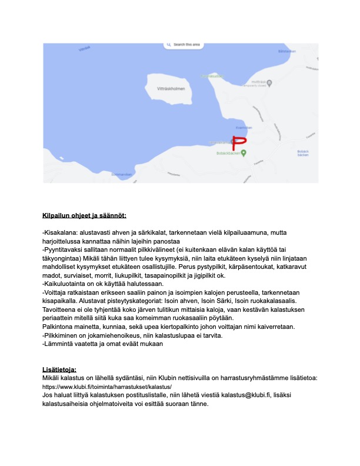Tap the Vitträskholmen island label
tap(172, 89)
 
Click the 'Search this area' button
tap(184, 45)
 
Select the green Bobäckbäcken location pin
tap(244, 153)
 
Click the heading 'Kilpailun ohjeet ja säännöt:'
tap(84, 215)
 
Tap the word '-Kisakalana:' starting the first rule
tap(59, 232)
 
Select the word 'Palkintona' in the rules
tap(61, 327)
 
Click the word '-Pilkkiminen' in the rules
tap(61, 335)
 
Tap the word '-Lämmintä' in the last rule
tap(58, 344)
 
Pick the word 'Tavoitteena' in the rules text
tap(62, 309)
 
